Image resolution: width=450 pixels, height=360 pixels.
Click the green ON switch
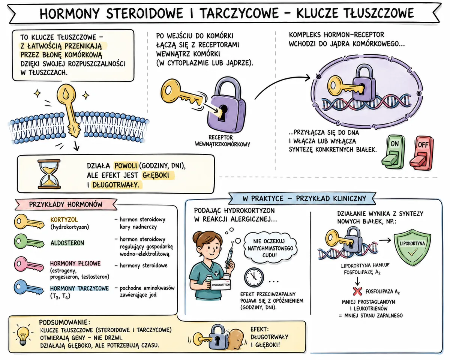click(393, 151)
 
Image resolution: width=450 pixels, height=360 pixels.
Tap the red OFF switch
click(421, 153)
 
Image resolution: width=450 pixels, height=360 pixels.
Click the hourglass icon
click(49, 174)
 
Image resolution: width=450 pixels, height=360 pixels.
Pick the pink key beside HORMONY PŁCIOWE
click(29, 264)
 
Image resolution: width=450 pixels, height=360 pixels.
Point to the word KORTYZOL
click(64, 219)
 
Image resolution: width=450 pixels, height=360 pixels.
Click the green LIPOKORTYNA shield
click(412, 247)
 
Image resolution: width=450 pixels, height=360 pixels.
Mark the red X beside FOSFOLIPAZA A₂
click(357, 291)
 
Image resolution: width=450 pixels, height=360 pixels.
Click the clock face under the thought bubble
click(254, 277)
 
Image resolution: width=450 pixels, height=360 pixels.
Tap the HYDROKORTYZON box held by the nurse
click(221, 285)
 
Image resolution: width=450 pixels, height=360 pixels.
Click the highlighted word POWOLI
click(126, 166)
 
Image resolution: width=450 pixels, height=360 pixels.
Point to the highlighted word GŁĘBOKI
click(156, 175)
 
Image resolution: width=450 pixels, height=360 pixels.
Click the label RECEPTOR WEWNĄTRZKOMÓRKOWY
click(222, 141)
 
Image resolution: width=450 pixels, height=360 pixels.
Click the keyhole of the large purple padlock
click(223, 112)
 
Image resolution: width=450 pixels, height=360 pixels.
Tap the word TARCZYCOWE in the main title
click(239, 13)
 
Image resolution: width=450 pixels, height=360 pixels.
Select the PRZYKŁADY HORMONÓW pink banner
click(66, 204)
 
